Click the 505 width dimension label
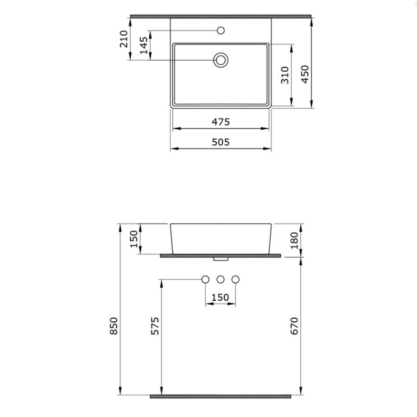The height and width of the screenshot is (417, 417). click(x=221, y=142)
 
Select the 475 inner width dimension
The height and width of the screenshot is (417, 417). click(x=221, y=122)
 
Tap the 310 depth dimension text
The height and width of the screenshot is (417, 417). click(x=285, y=75)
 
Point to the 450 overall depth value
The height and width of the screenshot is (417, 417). click(x=305, y=74)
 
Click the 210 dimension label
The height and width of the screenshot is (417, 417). click(x=124, y=39)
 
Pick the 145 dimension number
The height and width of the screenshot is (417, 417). click(x=144, y=45)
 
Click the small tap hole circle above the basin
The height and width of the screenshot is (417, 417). click(x=221, y=31)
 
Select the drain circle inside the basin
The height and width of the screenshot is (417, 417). click(x=221, y=60)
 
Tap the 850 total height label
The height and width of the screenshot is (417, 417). click(x=114, y=326)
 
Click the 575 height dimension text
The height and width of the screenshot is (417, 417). click(x=155, y=326)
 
